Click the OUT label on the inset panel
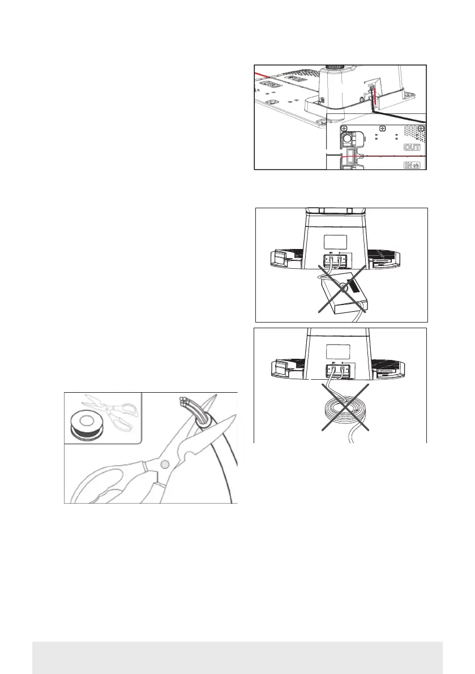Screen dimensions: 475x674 [x=413, y=147]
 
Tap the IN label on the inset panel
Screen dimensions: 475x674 [x=412, y=165]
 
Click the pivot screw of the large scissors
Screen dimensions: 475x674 [x=164, y=464]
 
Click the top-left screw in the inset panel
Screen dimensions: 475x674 [x=344, y=128]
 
